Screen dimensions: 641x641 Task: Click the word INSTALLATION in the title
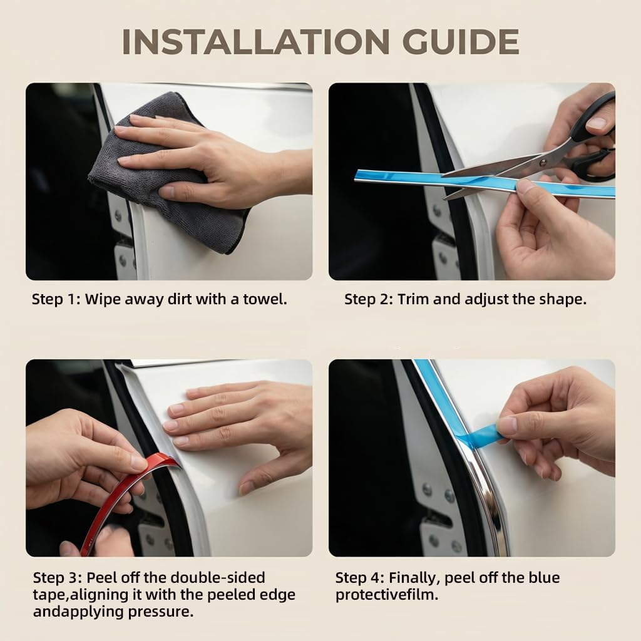tap(255, 42)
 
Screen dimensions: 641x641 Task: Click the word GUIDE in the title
tap(461, 42)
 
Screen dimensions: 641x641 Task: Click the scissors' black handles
tap(593, 139)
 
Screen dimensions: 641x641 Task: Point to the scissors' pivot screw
tap(543, 163)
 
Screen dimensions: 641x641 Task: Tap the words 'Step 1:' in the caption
tap(56, 300)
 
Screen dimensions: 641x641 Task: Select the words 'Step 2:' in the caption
tap(369, 300)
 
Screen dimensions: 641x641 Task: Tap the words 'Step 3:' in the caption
tap(58, 578)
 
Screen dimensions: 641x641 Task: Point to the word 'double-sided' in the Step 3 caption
tap(217, 578)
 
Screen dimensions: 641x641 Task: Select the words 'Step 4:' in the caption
tap(360, 578)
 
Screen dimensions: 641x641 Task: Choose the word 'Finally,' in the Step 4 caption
tap(414, 578)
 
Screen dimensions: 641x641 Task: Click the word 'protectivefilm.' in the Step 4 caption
tap(387, 595)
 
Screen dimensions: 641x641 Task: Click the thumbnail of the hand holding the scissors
tap(472, 182)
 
